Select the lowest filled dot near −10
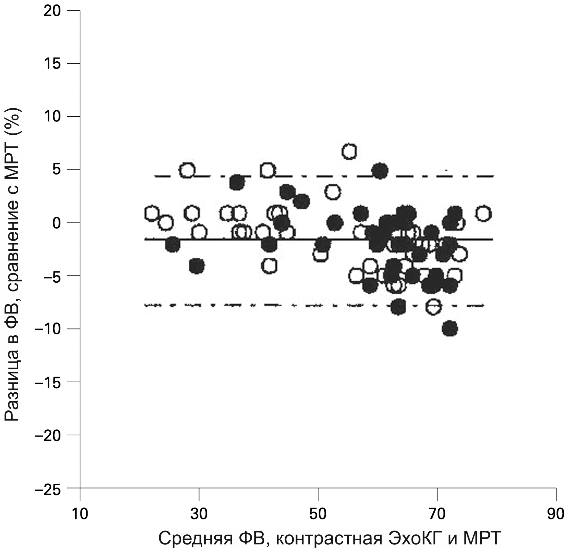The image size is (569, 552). (450, 329)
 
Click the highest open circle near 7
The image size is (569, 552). (349, 152)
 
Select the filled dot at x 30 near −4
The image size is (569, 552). (197, 266)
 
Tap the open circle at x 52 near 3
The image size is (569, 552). (333, 192)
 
